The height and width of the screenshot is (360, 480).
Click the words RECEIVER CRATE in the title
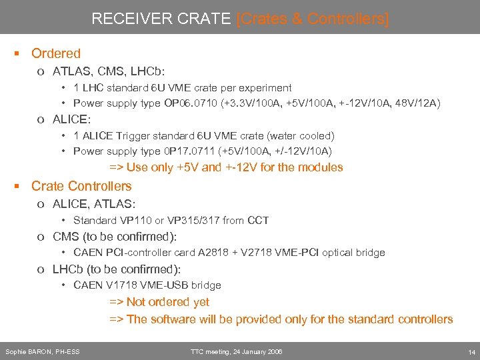point(162,19)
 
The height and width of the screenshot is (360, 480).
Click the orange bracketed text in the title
point(313,19)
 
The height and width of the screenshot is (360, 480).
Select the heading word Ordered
point(56,54)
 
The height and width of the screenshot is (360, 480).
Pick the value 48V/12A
point(417,103)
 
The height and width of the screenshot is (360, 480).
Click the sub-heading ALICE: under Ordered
point(71,119)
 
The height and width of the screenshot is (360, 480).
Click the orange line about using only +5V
point(226,167)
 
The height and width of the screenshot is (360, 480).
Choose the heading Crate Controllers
point(81,187)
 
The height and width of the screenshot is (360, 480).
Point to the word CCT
point(258,220)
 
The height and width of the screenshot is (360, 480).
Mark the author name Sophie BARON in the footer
point(29,351)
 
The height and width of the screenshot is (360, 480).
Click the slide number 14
point(471,351)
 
